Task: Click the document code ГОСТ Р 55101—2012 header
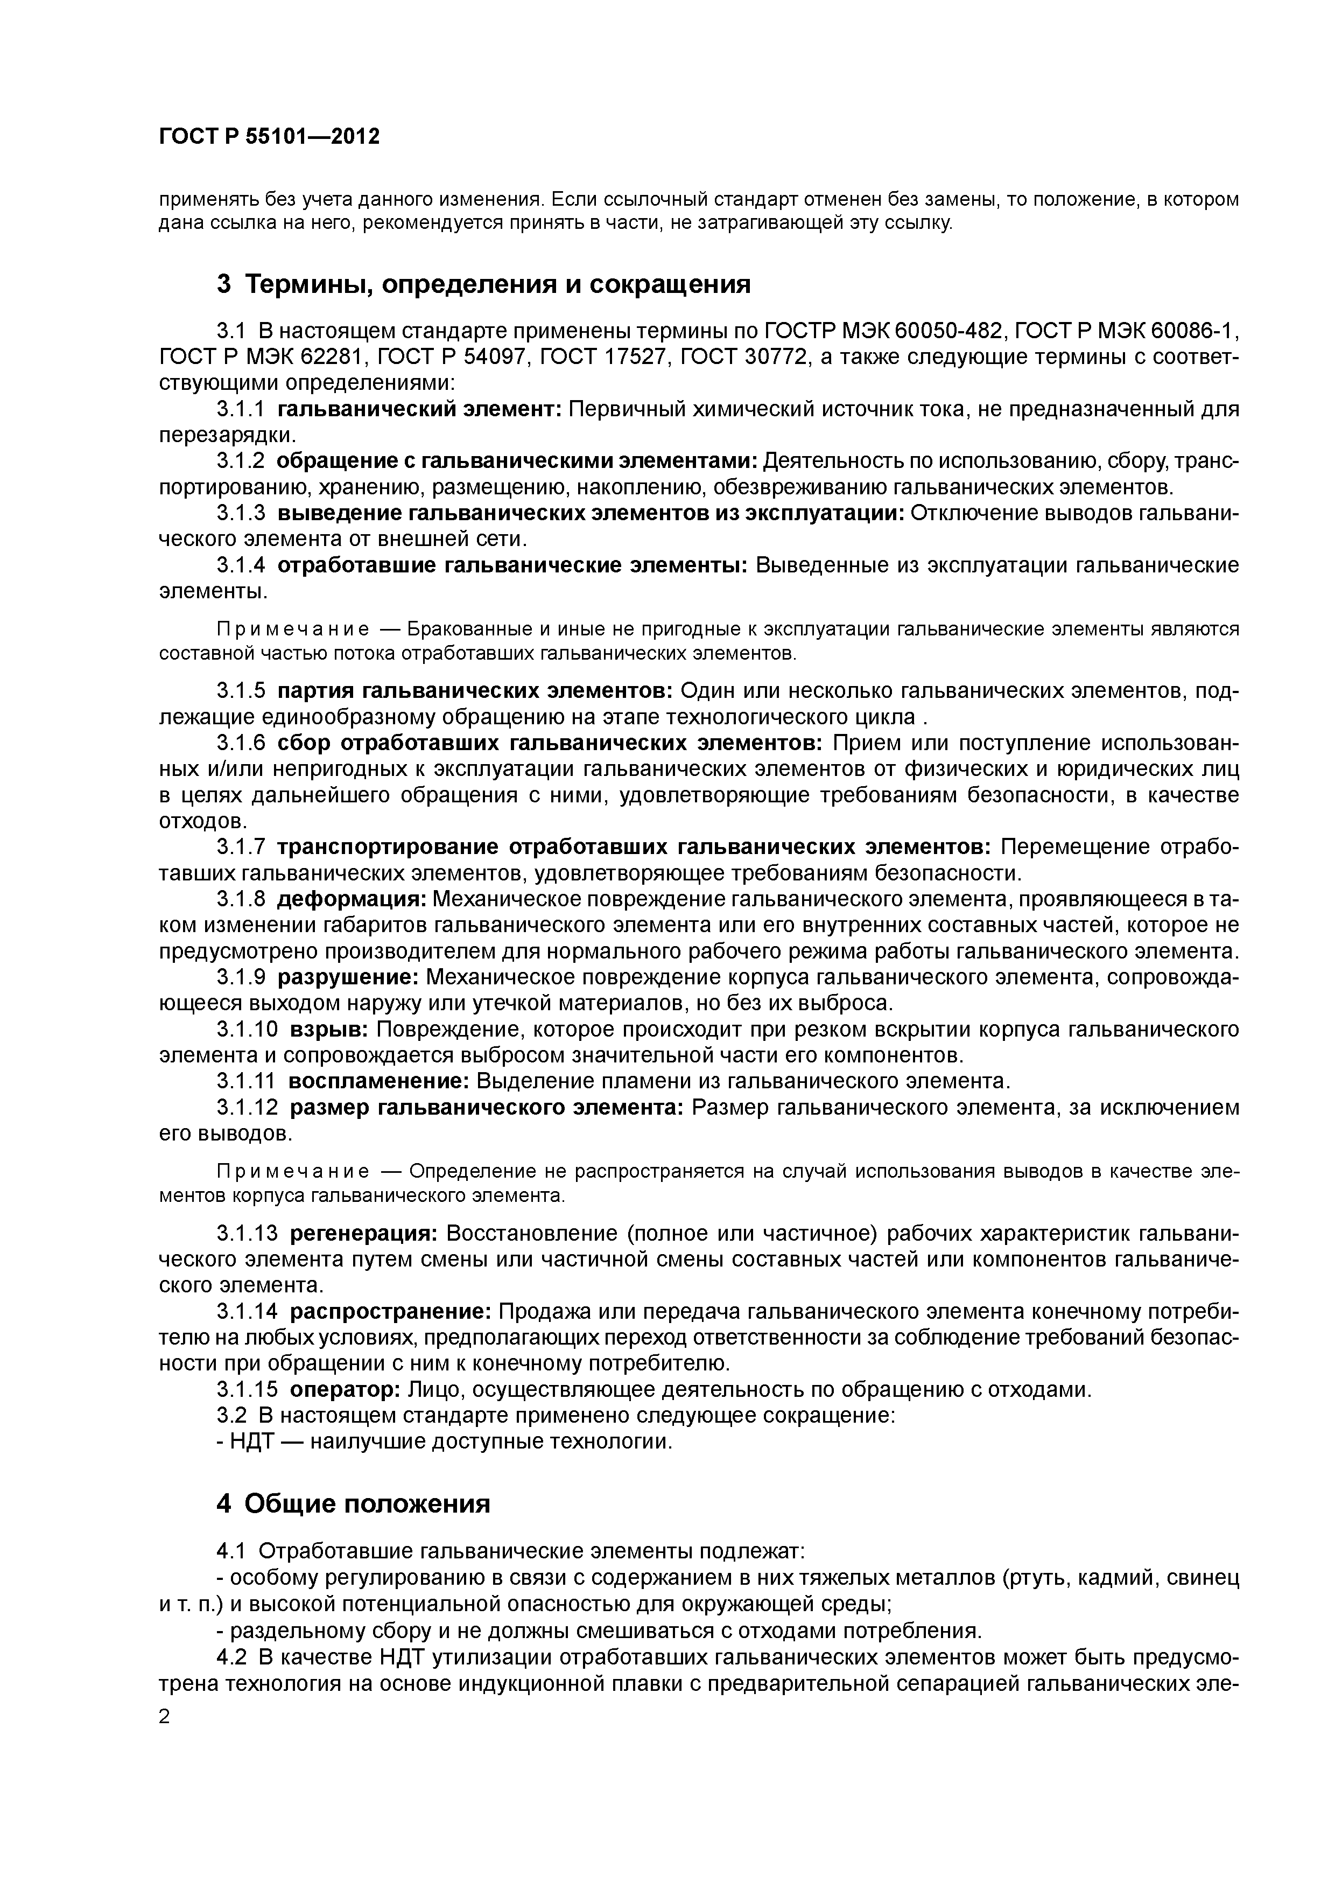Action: tap(269, 137)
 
